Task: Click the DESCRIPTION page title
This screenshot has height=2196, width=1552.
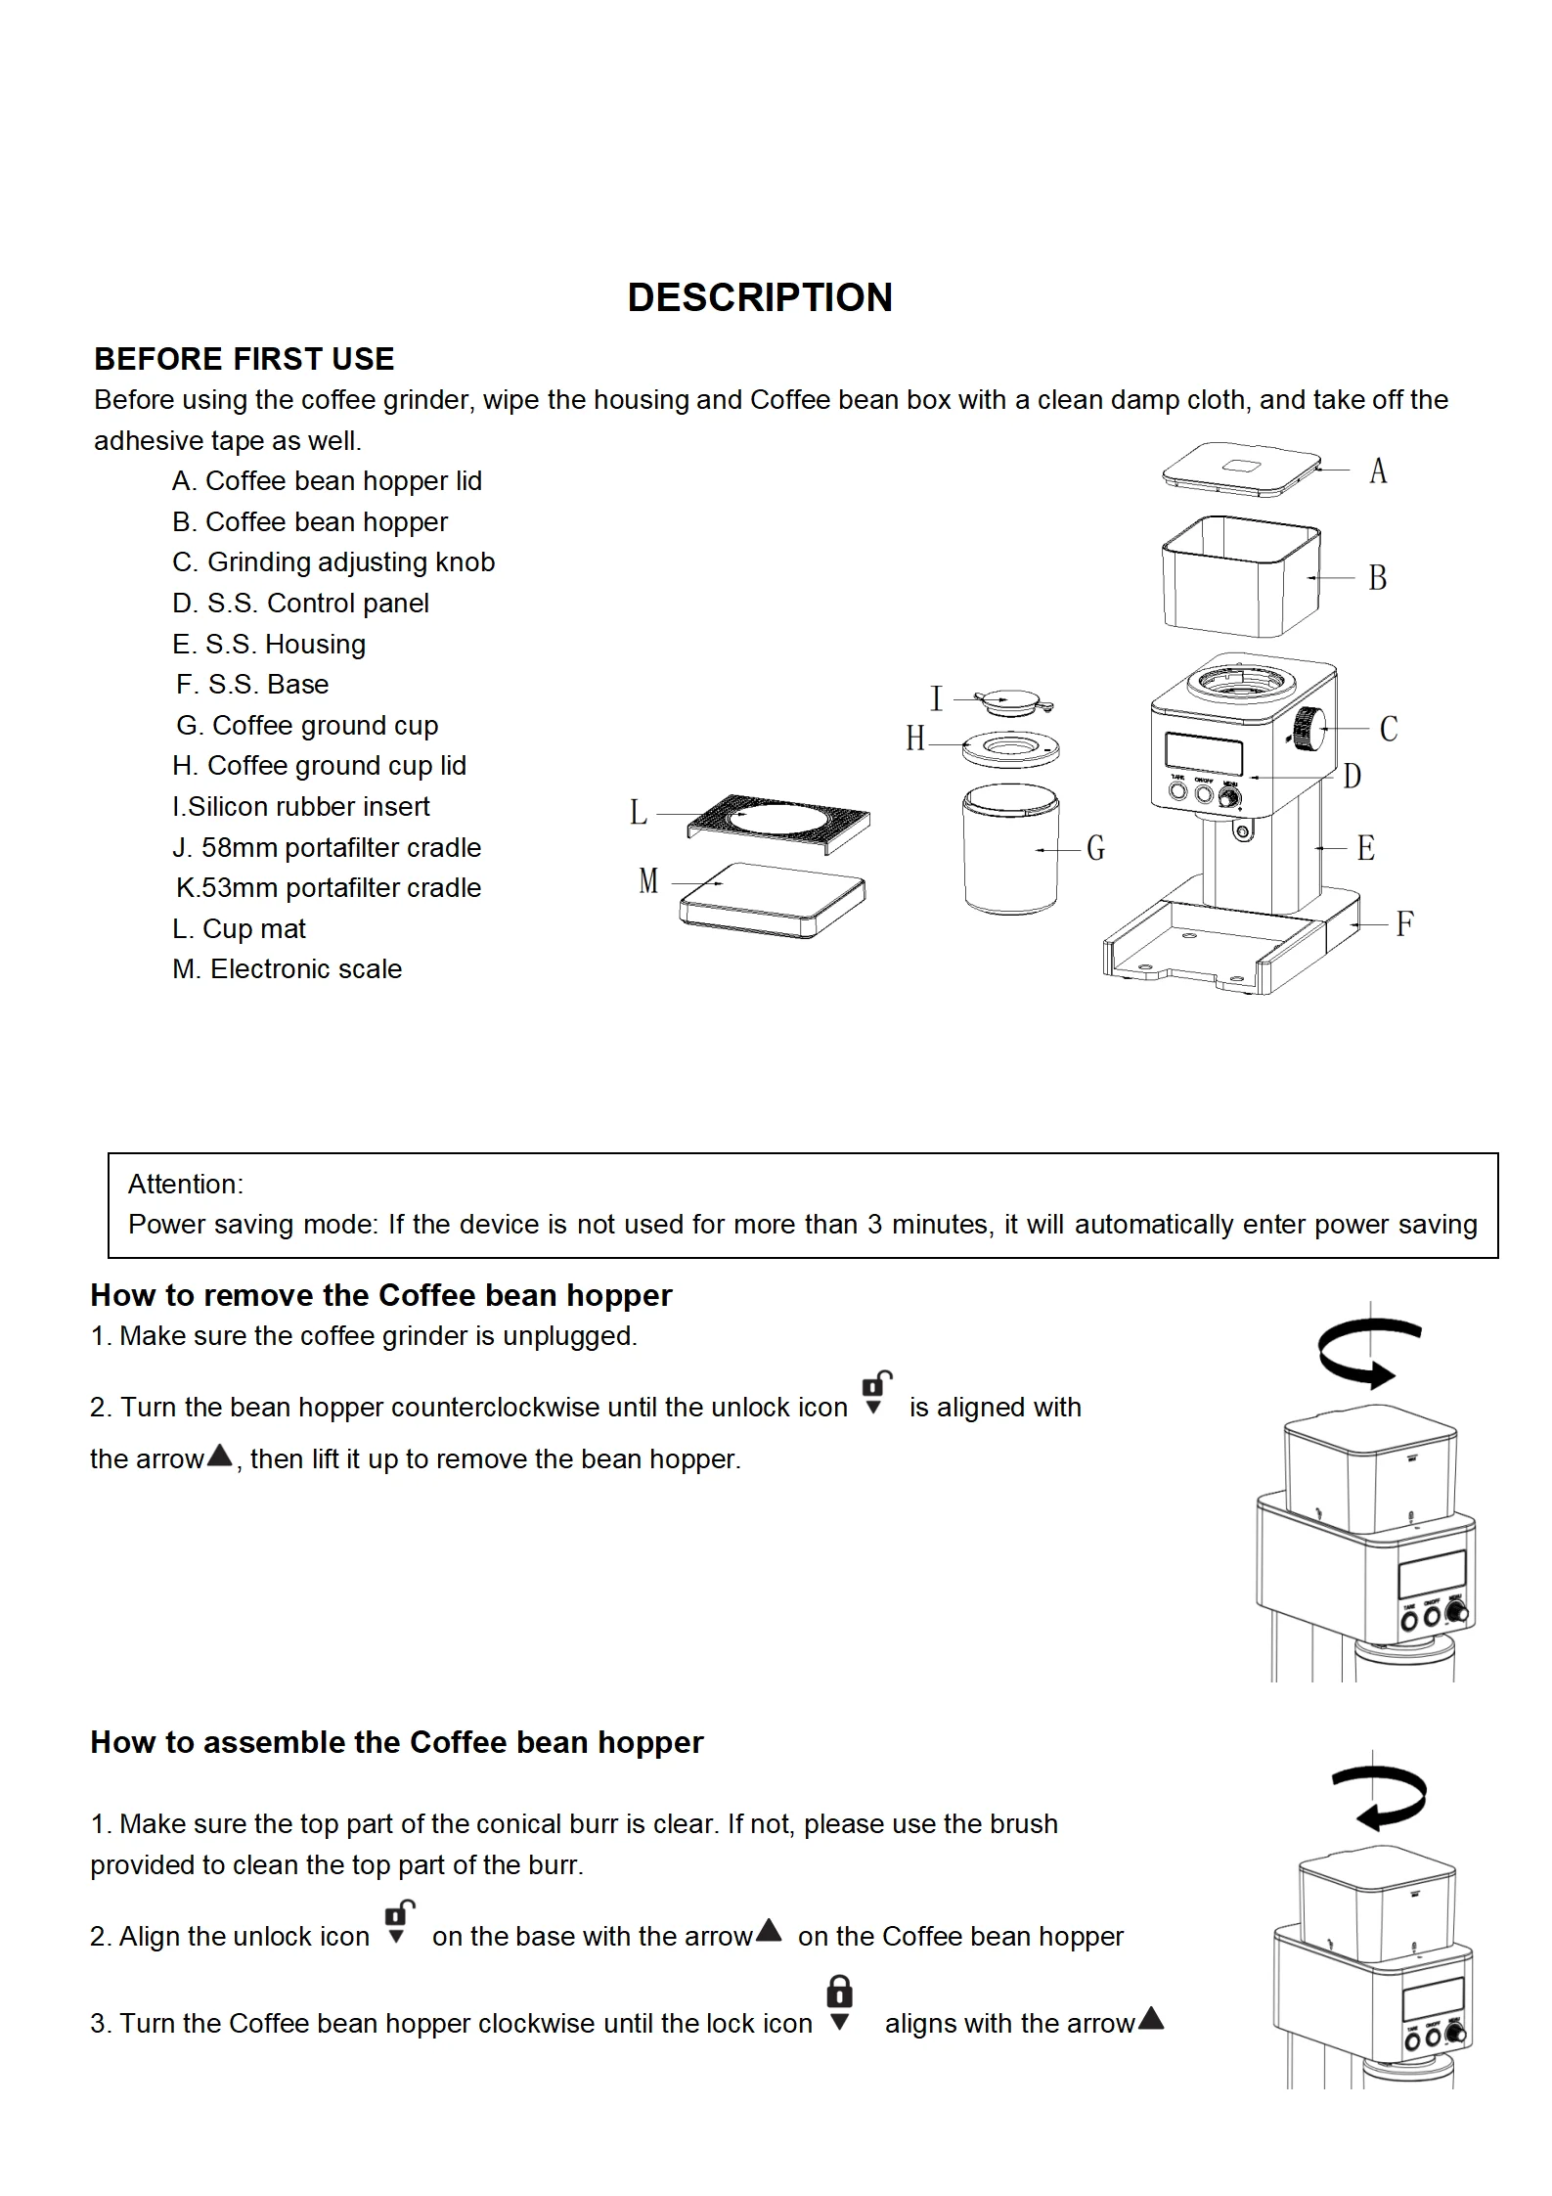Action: (760, 297)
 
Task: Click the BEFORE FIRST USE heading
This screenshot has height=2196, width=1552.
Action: (244, 359)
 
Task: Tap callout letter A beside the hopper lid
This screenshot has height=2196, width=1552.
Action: (1378, 471)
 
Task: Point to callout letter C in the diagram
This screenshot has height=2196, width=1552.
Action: (1389, 729)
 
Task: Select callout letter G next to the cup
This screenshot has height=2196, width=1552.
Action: (1096, 848)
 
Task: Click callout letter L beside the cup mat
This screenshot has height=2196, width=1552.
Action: (639, 812)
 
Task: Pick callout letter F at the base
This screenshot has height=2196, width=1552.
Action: (1405, 923)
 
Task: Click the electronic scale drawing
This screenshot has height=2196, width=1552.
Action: (773, 901)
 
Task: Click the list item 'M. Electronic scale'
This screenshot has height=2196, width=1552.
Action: (287, 968)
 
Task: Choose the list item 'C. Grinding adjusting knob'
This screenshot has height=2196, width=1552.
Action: (333, 561)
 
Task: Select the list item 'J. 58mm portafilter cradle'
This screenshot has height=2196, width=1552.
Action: (326, 847)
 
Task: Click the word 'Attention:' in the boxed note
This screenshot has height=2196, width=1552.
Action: (186, 1184)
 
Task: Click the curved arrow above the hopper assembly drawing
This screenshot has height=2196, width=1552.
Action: (1379, 1797)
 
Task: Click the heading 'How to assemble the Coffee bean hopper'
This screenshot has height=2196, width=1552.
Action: (396, 1742)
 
